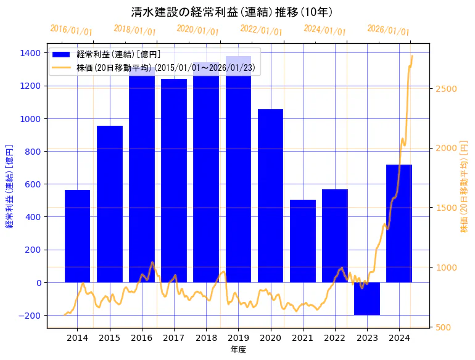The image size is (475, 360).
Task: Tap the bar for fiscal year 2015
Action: pos(109,204)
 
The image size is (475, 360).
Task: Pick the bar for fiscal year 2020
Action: pos(270,195)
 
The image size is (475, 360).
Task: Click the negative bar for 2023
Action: pos(367,298)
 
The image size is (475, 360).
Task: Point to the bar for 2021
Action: pos(303,241)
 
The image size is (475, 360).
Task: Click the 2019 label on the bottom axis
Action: pos(238,338)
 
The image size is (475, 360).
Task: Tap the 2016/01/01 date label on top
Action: pos(71,30)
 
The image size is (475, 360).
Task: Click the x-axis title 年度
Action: pos(238,350)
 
